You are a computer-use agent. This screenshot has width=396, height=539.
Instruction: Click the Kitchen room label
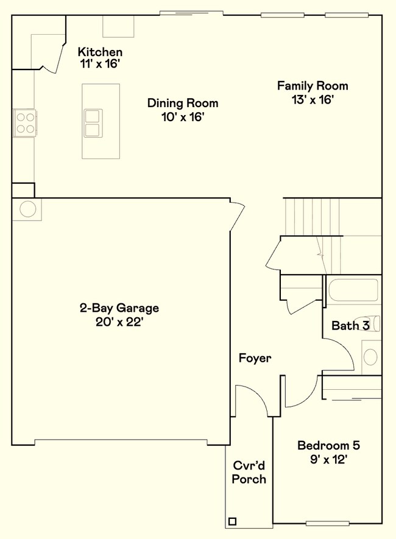(100, 52)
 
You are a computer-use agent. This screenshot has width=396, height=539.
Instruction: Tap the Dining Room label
(183, 103)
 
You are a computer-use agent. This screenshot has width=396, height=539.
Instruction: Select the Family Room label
(313, 86)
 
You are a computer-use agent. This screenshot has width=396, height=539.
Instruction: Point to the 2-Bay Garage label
(119, 308)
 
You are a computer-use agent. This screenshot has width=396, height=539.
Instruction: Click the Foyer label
(255, 358)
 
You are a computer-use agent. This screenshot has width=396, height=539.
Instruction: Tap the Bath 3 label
(350, 325)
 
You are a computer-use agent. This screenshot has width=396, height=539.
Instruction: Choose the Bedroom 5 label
(328, 445)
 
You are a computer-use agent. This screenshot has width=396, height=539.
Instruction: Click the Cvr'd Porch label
(249, 473)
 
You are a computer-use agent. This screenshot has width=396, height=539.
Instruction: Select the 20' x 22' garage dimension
(119, 322)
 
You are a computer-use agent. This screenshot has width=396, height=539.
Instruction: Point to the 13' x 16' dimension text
(313, 100)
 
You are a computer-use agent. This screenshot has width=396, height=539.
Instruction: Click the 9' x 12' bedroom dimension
(328, 459)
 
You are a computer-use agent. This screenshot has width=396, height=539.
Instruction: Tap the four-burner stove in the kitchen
(25, 123)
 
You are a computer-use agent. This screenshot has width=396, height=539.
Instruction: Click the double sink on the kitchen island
(93, 123)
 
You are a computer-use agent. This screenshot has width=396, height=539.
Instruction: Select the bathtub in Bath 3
(354, 291)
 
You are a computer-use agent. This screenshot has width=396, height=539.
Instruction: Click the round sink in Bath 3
(370, 357)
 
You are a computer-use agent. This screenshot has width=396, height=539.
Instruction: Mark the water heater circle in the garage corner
(28, 209)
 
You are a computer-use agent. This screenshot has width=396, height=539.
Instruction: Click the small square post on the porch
(232, 521)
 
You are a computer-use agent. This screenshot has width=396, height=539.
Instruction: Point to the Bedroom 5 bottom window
(327, 524)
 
